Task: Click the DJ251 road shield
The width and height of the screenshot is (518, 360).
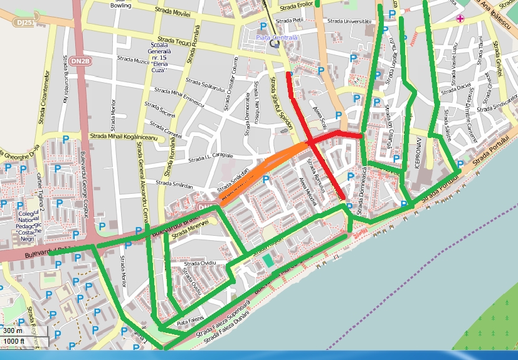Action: click(x=25, y=22)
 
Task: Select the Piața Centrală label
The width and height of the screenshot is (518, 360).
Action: click(x=277, y=38)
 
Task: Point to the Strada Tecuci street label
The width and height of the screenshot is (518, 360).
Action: click(x=174, y=41)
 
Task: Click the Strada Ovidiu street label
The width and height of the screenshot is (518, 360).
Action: click(x=201, y=262)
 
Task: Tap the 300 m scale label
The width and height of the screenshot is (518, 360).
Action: click(x=13, y=331)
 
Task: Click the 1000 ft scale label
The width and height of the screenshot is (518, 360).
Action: click(x=14, y=341)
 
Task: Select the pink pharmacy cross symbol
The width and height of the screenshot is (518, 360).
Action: click(x=461, y=19)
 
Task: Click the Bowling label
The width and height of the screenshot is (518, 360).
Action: click(x=121, y=5)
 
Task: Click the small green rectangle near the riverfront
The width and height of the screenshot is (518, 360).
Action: click(x=268, y=260)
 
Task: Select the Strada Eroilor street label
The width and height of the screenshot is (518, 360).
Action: click(x=297, y=6)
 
